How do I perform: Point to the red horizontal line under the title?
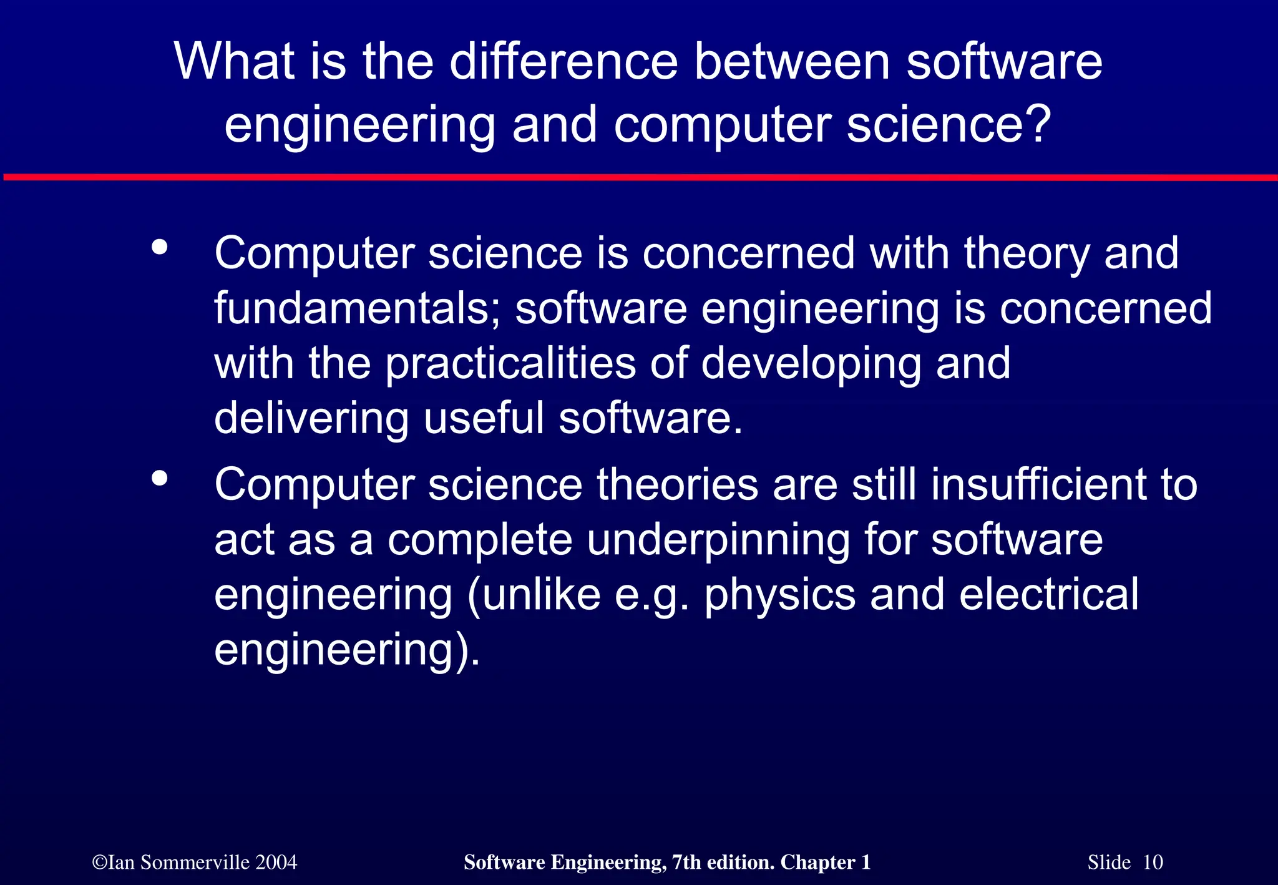tap(639, 178)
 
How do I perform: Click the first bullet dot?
tap(160, 247)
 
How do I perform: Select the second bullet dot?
tap(160, 479)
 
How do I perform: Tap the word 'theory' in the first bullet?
tap(1027, 255)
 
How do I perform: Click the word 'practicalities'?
tap(510, 363)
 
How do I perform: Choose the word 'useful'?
tap(484, 418)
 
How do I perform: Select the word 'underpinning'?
tap(718, 540)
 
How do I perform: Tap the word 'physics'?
tap(780, 595)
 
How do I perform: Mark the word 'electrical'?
tap(1048, 594)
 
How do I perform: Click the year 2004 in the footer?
tap(276, 863)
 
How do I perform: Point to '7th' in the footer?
tap(686, 863)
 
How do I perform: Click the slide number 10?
tap(1153, 863)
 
